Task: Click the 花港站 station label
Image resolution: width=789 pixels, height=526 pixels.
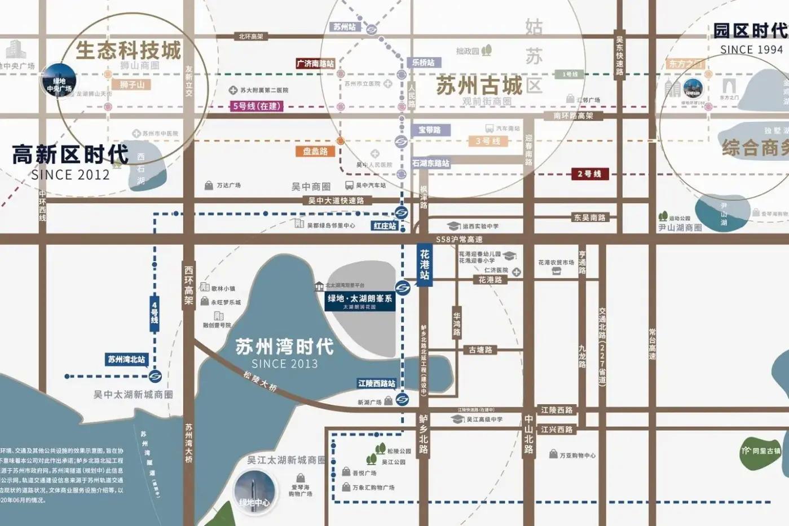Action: [425, 265]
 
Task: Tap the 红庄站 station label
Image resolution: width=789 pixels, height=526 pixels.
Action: [385, 226]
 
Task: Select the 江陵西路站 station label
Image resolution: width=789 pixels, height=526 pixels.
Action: [377, 383]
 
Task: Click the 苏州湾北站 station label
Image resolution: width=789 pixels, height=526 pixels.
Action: [126, 359]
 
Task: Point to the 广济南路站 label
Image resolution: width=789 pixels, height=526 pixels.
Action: [315, 64]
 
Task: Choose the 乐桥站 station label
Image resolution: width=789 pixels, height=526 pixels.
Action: [423, 63]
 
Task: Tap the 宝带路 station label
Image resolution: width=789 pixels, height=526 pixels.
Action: [429, 130]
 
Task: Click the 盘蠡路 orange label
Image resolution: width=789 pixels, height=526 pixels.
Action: [315, 151]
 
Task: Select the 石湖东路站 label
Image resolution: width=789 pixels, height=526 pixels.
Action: [430, 163]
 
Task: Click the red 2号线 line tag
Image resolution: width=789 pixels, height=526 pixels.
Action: [589, 174]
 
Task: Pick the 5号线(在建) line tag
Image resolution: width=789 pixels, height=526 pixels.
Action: [257, 106]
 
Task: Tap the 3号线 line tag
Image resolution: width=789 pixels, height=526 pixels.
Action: [487, 141]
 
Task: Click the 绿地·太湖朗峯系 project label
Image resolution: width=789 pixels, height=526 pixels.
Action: [360, 299]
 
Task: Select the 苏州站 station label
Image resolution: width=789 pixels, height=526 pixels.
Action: [345, 26]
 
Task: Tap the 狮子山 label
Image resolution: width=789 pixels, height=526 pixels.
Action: [132, 85]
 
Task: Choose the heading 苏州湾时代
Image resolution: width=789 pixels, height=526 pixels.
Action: [285, 346]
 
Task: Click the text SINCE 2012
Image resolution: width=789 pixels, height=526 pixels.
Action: [70, 175]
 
